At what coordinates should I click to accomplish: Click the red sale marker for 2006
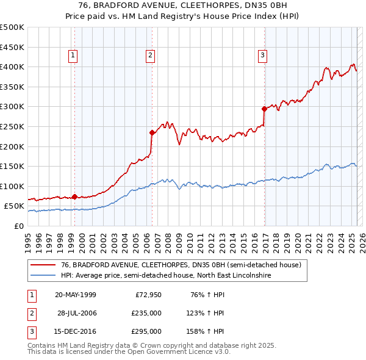pos(151,132)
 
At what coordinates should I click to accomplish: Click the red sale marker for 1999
pos(74,196)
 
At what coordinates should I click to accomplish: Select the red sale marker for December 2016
pos(264,109)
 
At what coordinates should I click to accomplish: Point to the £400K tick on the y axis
pos(12,67)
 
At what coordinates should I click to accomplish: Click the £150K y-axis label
pos(12,166)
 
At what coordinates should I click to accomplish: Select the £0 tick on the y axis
pos(18,226)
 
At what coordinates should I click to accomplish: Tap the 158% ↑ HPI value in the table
pos(206,331)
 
